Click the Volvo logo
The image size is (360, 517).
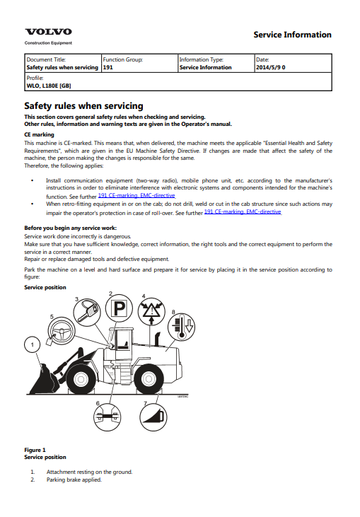49,32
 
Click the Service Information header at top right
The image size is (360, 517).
292,35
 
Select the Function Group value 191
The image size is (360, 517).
108,67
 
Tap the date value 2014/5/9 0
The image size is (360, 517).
271,67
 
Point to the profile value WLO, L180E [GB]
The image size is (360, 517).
49,86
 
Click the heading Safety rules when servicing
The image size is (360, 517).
83,106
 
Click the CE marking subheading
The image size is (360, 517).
39,134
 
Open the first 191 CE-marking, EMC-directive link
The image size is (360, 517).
137,195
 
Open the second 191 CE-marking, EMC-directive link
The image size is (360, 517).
243,211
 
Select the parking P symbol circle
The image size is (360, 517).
119,308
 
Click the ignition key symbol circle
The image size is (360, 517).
87,313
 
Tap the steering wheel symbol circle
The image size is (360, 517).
62,331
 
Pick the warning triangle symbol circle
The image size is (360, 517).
151,312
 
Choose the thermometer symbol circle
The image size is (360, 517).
181,327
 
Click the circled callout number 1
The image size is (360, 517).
33,345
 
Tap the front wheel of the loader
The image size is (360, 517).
81,380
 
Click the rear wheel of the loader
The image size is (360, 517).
149,380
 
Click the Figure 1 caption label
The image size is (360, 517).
35,450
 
